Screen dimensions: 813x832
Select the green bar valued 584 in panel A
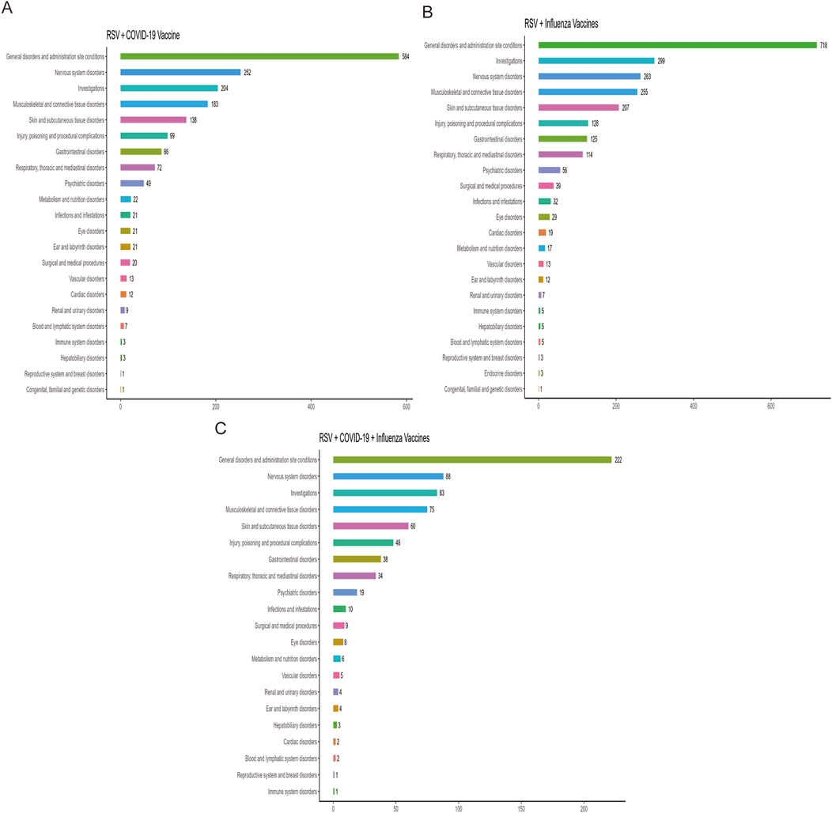259,56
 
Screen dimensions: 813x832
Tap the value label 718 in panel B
826,45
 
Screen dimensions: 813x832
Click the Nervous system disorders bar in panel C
388,476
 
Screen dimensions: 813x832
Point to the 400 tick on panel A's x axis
311,406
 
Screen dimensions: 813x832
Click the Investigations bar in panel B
596,61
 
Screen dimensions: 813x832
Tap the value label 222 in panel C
618,459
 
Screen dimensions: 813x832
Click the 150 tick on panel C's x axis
521,807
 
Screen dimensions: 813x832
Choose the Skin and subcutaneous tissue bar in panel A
153,119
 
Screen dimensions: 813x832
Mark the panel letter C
221,428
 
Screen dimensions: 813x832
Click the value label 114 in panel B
590,154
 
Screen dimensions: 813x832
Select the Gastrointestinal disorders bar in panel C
357,559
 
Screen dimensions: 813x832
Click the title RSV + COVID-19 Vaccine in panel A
146,34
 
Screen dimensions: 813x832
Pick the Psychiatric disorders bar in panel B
549,170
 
